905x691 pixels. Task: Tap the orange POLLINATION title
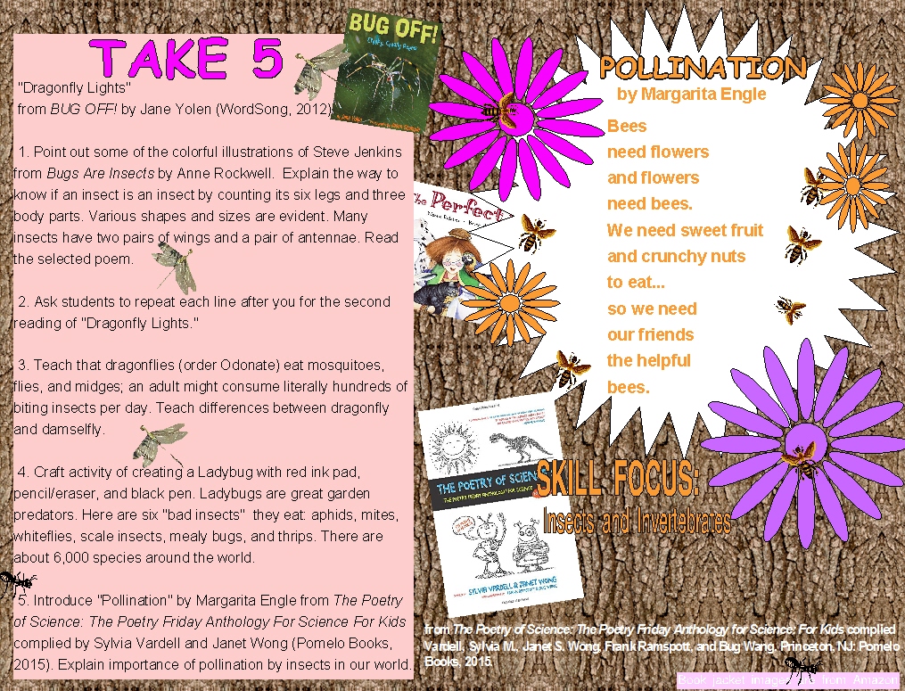point(703,68)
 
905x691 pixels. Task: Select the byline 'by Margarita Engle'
point(691,94)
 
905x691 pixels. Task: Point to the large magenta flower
point(506,111)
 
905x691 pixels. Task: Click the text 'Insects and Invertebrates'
point(637,520)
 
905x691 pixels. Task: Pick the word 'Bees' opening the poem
point(627,126)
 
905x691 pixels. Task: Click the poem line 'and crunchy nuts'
point(676,256)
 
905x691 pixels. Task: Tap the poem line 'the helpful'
point(648,360)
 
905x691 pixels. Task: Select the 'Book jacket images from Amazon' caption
point(788,680)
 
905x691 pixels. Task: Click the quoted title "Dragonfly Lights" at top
point(75,88)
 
